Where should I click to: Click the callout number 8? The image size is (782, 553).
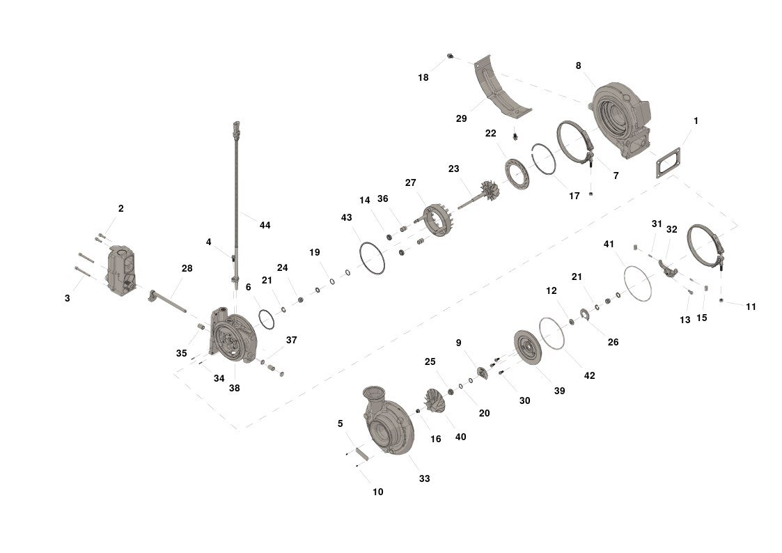[578, 66]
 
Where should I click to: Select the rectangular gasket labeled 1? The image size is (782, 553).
[668, 162]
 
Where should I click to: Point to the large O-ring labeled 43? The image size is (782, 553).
[372, 258]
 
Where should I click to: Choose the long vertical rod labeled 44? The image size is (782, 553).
[236, 205]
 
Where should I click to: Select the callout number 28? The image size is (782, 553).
[187, 268]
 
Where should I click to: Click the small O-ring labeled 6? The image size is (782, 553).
[266, 319]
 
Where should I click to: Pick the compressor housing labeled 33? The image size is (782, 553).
[389, 420]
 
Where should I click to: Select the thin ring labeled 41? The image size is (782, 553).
[638, 283]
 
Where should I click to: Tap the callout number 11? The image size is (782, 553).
[751, 306]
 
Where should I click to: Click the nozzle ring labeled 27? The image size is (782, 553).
[437, 220]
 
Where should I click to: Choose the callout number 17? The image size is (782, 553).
[574, 196]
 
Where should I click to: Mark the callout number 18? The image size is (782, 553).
[423, 77]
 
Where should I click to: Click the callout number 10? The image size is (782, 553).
[377, 492]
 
